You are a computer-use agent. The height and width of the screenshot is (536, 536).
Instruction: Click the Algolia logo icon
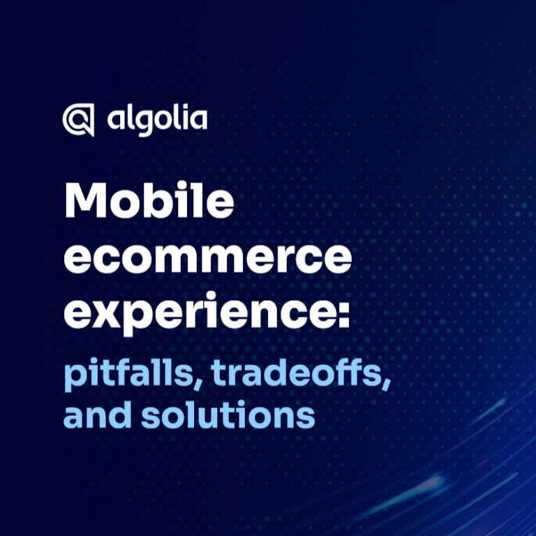(78, 119)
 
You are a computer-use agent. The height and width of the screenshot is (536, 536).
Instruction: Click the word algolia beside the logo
(157, 120)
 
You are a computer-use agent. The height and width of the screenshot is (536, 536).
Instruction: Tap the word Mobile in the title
(149, 200)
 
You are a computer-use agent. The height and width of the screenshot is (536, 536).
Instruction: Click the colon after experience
(344, 314)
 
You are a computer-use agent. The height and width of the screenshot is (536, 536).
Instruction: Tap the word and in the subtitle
(98, 415)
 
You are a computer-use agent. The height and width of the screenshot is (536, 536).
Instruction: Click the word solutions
(228, 415)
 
